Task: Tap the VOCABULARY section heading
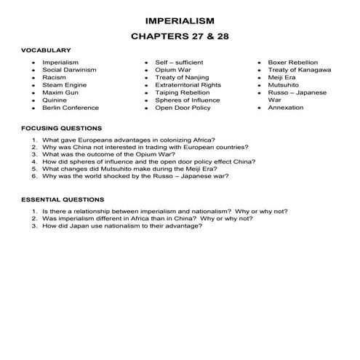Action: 45,50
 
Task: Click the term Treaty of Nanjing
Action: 182,77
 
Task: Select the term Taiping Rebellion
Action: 183,92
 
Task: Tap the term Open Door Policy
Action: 182,108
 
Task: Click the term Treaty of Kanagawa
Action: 299,70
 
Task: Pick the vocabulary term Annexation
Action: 286,108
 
